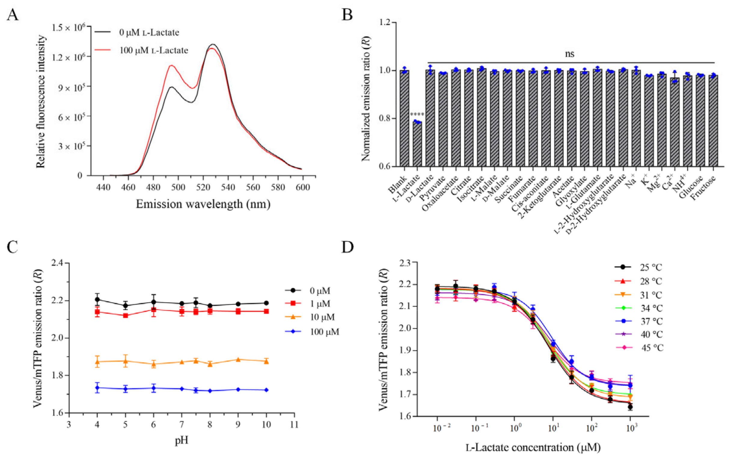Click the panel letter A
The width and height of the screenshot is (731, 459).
[12, 14]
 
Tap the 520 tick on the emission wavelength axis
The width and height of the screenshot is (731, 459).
[203, 187]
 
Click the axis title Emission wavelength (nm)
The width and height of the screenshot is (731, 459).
[203, 204]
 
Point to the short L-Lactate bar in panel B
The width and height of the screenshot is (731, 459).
[417, 144]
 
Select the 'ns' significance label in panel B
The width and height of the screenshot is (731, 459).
[569, 54]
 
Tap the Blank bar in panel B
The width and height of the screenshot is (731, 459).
[404, 118]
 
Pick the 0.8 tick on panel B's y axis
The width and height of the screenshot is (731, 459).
[385, 118]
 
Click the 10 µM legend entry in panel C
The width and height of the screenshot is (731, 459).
[322, 317]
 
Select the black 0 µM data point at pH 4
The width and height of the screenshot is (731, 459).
[97, 299]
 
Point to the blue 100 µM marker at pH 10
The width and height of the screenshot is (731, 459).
[266, 390]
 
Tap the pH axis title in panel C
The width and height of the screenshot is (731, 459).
[181, 440]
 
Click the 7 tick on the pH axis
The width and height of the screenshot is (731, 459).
[182, 424]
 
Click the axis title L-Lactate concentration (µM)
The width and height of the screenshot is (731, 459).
[533, 448]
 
